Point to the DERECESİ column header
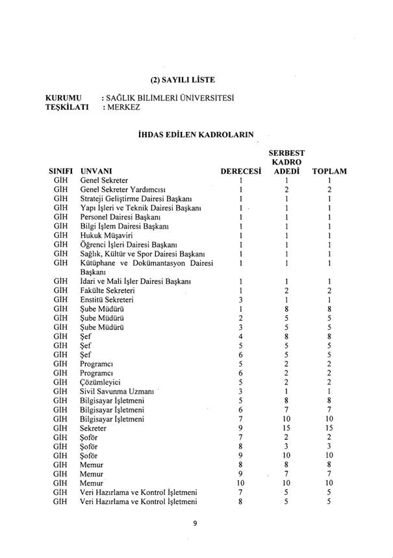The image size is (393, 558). tap(241, 171)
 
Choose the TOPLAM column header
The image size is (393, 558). tap(329, 171)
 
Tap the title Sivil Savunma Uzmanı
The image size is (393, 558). tap(116, 392)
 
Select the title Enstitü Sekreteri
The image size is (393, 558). tap(107, 299)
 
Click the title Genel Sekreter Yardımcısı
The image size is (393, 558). tap(122, 189)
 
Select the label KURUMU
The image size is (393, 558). tap(62, 98)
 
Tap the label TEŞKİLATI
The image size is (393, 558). tap(67, 108)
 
